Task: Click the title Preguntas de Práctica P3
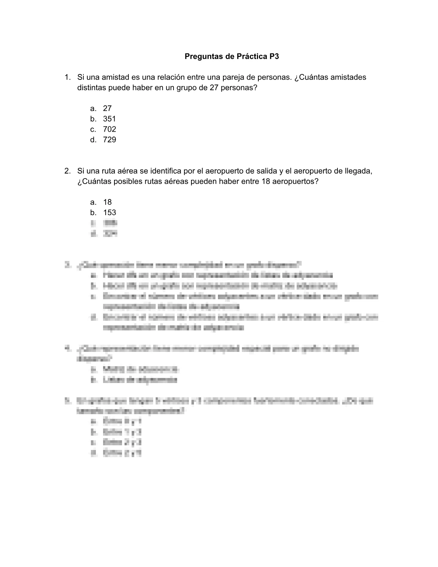232,57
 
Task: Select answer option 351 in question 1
109,119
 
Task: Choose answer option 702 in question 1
109,129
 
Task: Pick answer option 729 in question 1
109,140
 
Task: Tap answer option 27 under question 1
107,108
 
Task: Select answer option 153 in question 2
109,213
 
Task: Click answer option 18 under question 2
107,202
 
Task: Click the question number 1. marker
67,77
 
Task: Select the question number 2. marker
67,171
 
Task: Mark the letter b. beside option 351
93,119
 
